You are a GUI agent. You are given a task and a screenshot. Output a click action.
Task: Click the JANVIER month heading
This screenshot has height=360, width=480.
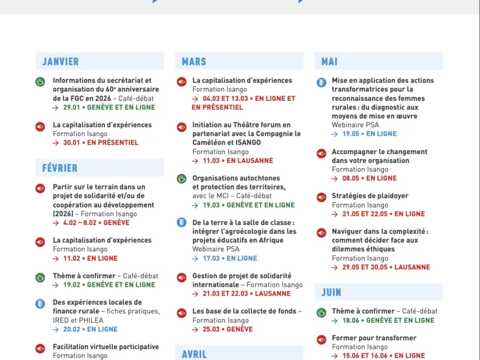[x=61, y=61]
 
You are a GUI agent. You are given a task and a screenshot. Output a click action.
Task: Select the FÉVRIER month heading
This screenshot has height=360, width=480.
[x=60, y=168]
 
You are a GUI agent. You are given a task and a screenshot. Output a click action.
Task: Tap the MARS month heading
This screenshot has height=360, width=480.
[x=194, y=61]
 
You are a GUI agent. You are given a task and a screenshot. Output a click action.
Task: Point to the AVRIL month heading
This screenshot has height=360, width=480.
[x=194, y=354]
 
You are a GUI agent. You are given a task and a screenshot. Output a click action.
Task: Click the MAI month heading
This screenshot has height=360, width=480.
[x=329, y=61]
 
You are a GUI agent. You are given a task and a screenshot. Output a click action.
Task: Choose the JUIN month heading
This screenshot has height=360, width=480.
[x=331, y=292]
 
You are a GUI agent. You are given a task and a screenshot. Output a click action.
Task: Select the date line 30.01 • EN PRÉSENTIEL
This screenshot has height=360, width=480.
[x=100, y=143]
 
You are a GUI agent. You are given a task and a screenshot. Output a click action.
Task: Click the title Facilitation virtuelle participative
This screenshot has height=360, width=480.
[x=106, y=347]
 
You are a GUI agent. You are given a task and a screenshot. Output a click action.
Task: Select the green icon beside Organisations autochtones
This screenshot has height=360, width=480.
[x=181, y=178]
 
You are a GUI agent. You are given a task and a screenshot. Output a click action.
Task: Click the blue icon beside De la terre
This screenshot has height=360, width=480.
[x=181, y=223]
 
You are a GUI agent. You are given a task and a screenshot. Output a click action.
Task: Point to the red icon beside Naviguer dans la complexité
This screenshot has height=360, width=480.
[x=321, y=232]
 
